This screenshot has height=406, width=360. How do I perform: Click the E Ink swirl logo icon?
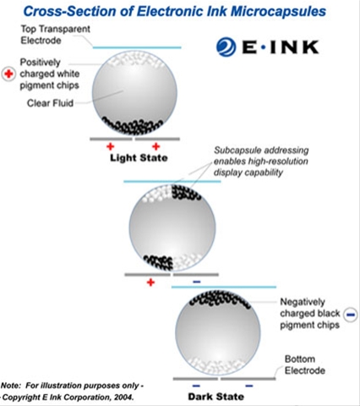pos(226,47)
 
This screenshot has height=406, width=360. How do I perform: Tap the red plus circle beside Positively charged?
pos(8,74)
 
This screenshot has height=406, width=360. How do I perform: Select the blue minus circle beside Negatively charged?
pos(351,315)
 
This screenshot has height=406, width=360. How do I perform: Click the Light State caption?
pos(139,158)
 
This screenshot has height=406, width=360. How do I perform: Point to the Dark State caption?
pos(216,397)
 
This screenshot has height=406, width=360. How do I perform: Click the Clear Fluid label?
pos(50,103)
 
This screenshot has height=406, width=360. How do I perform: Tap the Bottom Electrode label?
pos(305,365)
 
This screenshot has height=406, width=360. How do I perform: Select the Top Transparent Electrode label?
pos(55,35)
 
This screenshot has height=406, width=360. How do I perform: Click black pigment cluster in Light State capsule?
pos(132,126)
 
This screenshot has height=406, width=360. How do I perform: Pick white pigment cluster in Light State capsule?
pos(136,59)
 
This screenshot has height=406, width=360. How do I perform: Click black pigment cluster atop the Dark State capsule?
pos(220,299)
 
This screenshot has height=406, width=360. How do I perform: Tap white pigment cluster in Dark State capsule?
pos(216,365)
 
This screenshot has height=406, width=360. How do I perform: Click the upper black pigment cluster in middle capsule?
pos(186,192)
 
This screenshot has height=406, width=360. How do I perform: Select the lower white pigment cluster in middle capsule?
pos(188,261)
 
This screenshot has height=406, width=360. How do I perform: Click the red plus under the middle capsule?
pos(150,283)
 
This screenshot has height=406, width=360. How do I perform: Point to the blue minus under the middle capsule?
pos(197,282)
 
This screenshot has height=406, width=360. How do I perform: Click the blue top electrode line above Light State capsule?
pos(137,47)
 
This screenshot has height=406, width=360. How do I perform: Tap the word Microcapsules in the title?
pos(278,12)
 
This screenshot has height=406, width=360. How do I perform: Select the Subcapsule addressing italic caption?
pos(261,162)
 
